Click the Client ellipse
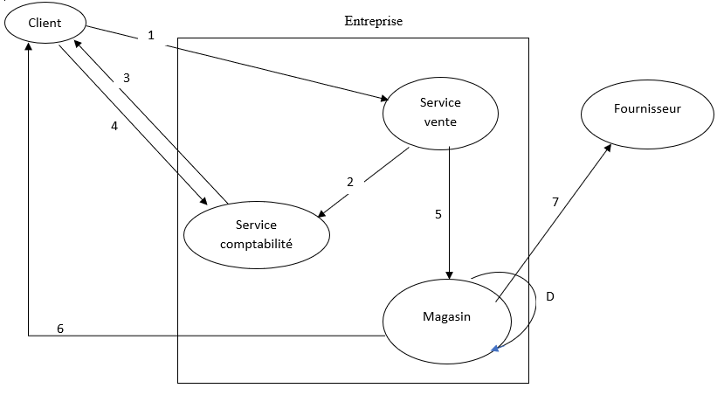pos(45,24)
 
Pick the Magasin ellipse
pos(447,317)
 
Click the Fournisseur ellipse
pos(646,110)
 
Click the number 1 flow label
pos(151,36)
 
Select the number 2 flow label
pos(350,183)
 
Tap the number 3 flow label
pos(127,78)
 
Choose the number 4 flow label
pos(114,126)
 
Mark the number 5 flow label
pos(438,213)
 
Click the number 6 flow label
pos(60,329)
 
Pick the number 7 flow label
pos(555,202)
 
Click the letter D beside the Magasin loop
pos(549,297)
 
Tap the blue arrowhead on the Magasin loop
pos(495,350)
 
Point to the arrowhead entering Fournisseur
pos(607,149)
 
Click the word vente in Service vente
pos(440,121)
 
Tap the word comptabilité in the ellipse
pos(256,243)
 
